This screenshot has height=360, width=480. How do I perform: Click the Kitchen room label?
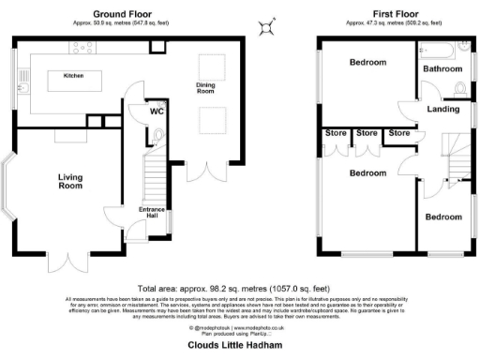click(x=73, y=75)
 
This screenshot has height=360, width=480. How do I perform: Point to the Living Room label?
click(x=70, y=181)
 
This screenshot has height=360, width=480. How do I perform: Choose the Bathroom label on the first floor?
click(x=442, y=68)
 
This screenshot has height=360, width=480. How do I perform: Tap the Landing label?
click(x=442, y=109)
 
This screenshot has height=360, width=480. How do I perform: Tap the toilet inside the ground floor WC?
click(x=159, y=135)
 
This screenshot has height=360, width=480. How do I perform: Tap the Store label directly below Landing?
click(x=399, y=133)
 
